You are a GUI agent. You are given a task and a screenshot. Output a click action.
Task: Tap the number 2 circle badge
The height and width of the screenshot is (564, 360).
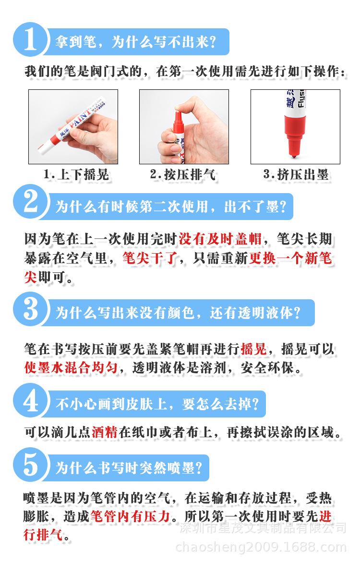pos(30,202)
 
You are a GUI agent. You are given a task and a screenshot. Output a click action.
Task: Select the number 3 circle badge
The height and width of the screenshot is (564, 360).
pos(30,309)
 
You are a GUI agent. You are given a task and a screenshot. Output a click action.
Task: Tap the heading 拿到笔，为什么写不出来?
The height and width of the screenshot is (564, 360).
pos(135,42)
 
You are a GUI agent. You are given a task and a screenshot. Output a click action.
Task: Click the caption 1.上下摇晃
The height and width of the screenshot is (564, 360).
pos(76,175)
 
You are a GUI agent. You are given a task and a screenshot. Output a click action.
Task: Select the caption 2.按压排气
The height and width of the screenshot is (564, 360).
pos(183,175)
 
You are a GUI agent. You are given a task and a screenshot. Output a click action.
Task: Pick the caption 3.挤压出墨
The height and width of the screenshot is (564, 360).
pos(296,175)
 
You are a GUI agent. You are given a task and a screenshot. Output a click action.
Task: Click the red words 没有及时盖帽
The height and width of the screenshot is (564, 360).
pos(220,239)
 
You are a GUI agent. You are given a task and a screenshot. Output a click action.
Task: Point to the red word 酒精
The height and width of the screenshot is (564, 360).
pos(105,432)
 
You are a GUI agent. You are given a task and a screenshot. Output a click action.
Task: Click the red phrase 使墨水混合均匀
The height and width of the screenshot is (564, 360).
pos(71,368)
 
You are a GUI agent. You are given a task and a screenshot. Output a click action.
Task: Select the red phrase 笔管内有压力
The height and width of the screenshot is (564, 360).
pos(130,516)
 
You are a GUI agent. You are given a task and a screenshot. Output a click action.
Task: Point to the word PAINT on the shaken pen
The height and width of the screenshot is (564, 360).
pos(80,118)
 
